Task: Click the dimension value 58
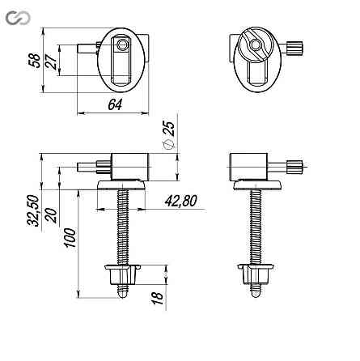click(34, 61)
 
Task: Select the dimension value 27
click(51, 62)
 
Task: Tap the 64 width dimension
click(115, 104)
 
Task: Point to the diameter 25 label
click(169, 134)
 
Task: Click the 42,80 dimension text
click(181, 201)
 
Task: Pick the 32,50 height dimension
click(33, 210)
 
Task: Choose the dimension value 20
click(51, 215)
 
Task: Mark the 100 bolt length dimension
click(70, 237)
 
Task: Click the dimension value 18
click(157, 298)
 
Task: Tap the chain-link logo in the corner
click(18, 18)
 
